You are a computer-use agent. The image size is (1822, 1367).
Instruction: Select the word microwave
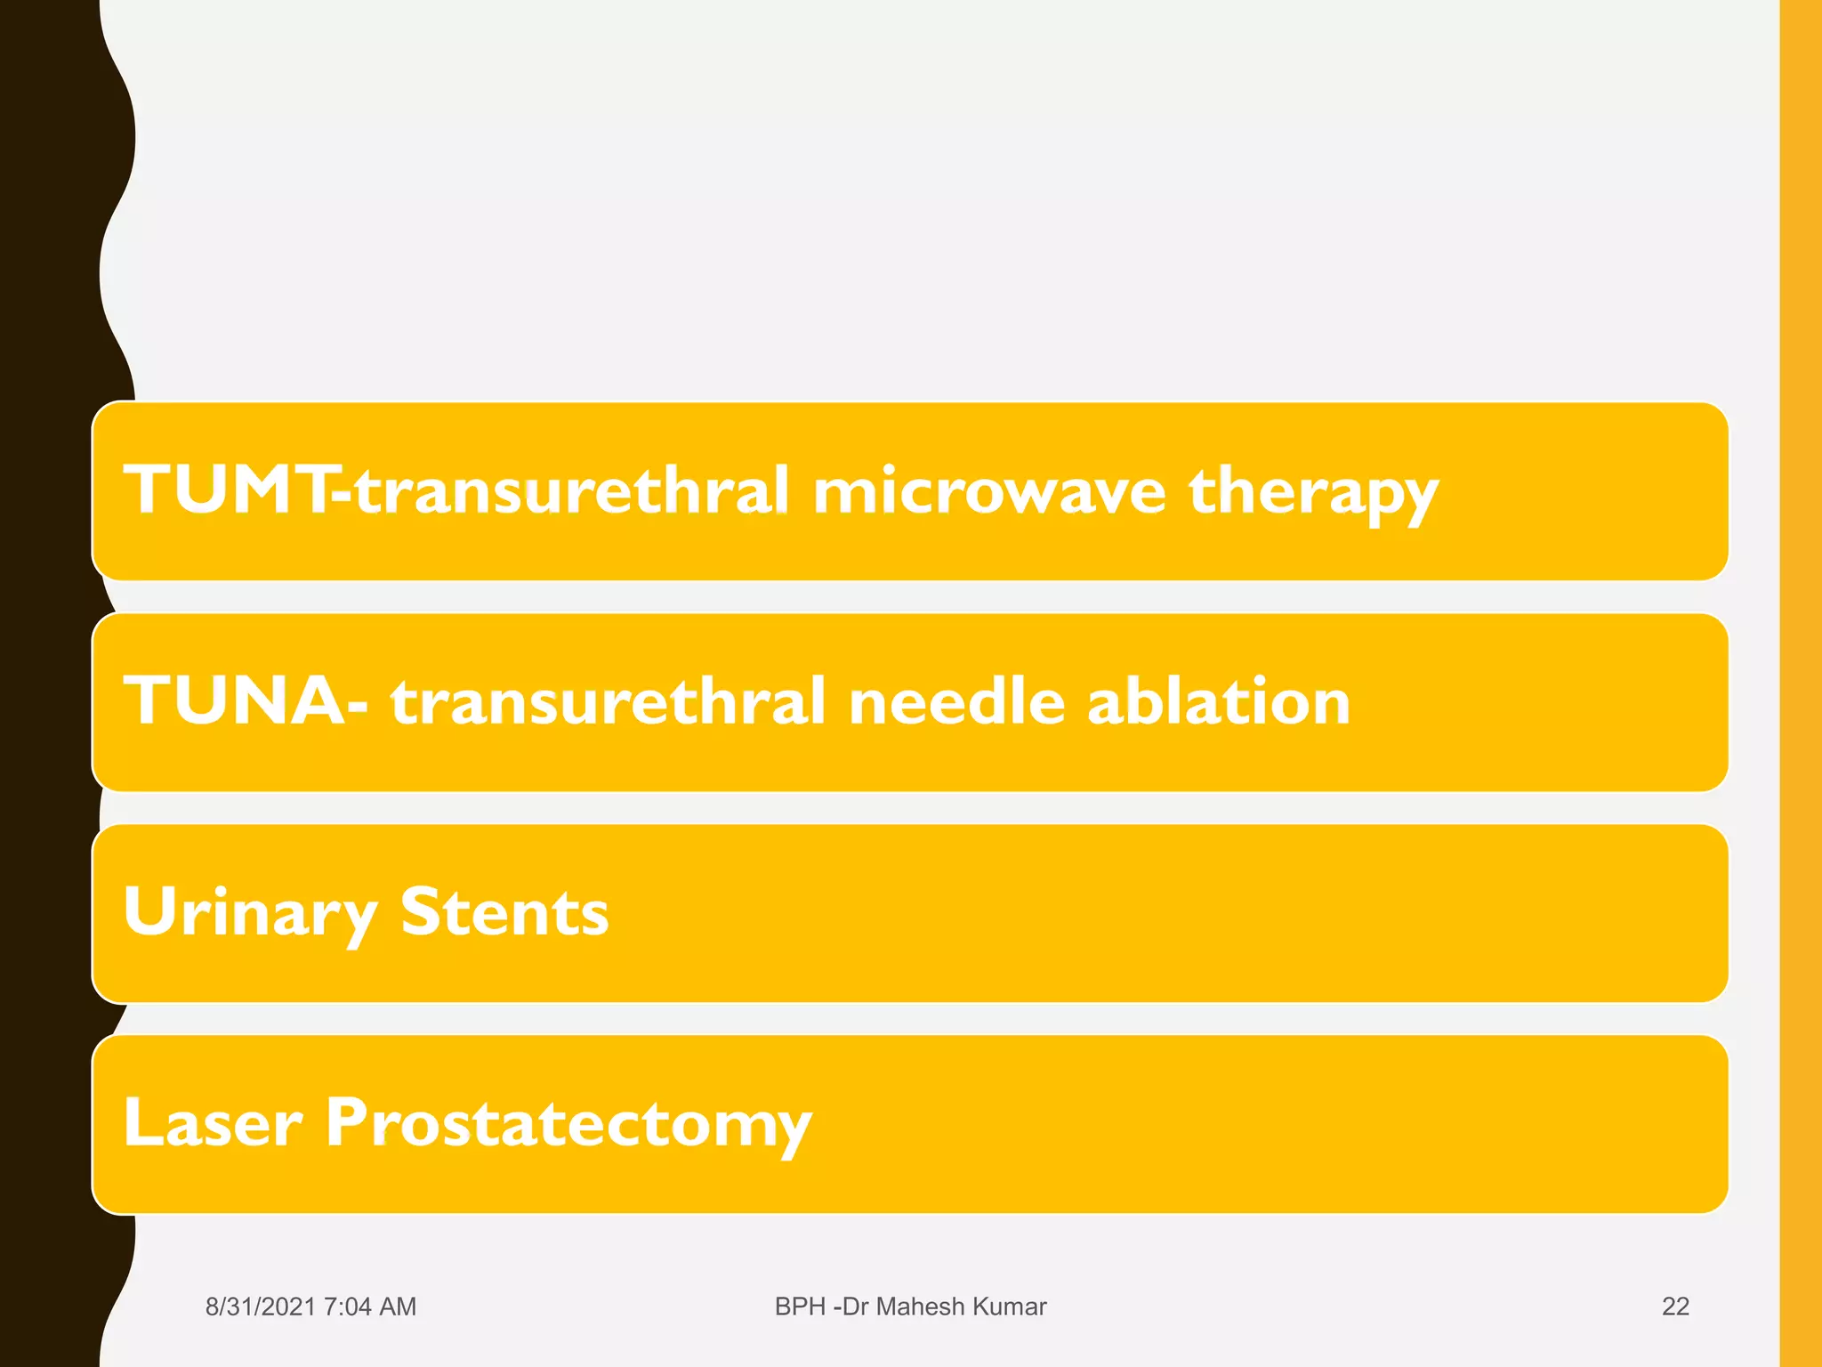988,491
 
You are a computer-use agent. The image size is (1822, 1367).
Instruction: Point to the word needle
956,701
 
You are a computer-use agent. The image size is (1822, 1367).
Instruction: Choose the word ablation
1218,701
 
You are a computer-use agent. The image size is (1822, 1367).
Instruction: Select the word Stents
504,912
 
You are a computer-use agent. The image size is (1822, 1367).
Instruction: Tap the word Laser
213,1122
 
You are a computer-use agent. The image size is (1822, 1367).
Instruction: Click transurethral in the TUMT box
572,491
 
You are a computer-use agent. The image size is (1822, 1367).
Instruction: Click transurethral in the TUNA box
609,701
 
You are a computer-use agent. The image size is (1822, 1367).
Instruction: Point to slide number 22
1675,1306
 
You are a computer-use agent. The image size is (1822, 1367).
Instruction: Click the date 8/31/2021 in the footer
260,1306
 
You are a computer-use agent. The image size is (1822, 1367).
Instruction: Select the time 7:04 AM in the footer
370,1306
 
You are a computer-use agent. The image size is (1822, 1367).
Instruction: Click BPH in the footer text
800,1306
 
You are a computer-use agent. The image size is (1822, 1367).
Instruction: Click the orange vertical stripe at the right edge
1800,683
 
